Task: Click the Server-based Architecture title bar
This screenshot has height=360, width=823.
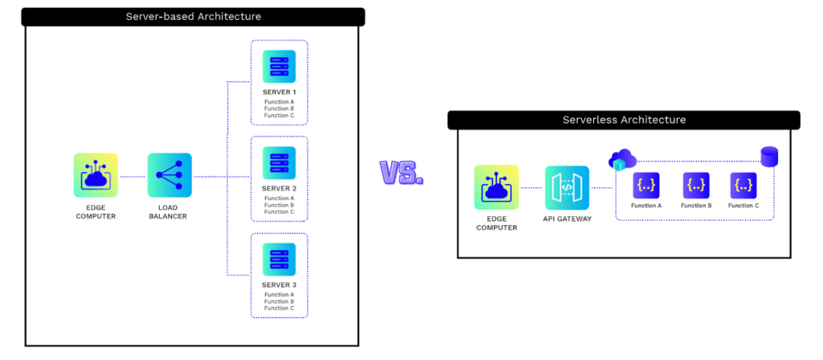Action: click(x=194, y=17)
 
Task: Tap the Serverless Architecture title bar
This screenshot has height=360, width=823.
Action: click(x=624, y=121)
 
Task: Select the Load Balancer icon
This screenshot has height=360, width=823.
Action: click(x=170, y=175)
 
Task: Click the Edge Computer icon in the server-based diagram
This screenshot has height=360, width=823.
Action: click(x=96, y=175)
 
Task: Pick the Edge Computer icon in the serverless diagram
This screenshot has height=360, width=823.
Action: click(x=496, y=187)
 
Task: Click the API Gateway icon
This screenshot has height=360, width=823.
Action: click(x=567, y=187)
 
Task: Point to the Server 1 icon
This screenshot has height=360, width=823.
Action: click(x=279, y=67)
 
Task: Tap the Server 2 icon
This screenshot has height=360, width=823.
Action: click(x=279, y=163)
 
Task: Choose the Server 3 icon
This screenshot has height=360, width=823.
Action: click(x=279, y=260)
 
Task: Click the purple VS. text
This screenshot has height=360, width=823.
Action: click(x=401, y=172)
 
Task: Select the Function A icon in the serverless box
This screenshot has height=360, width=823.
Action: click(x=646, y=186)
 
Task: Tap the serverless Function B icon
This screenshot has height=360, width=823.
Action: click(x=696, y=186)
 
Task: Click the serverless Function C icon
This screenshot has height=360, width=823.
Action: click(x=743, y=186)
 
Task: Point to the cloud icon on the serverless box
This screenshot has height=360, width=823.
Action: click(x=622, y=160)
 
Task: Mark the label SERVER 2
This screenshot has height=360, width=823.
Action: click(x=279, y=188)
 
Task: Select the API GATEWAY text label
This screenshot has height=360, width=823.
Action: click(x=567, y=219)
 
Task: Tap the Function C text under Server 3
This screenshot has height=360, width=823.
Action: click(x=279, y=308)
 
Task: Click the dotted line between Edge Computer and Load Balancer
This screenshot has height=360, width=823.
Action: click(x=133, y=176)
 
